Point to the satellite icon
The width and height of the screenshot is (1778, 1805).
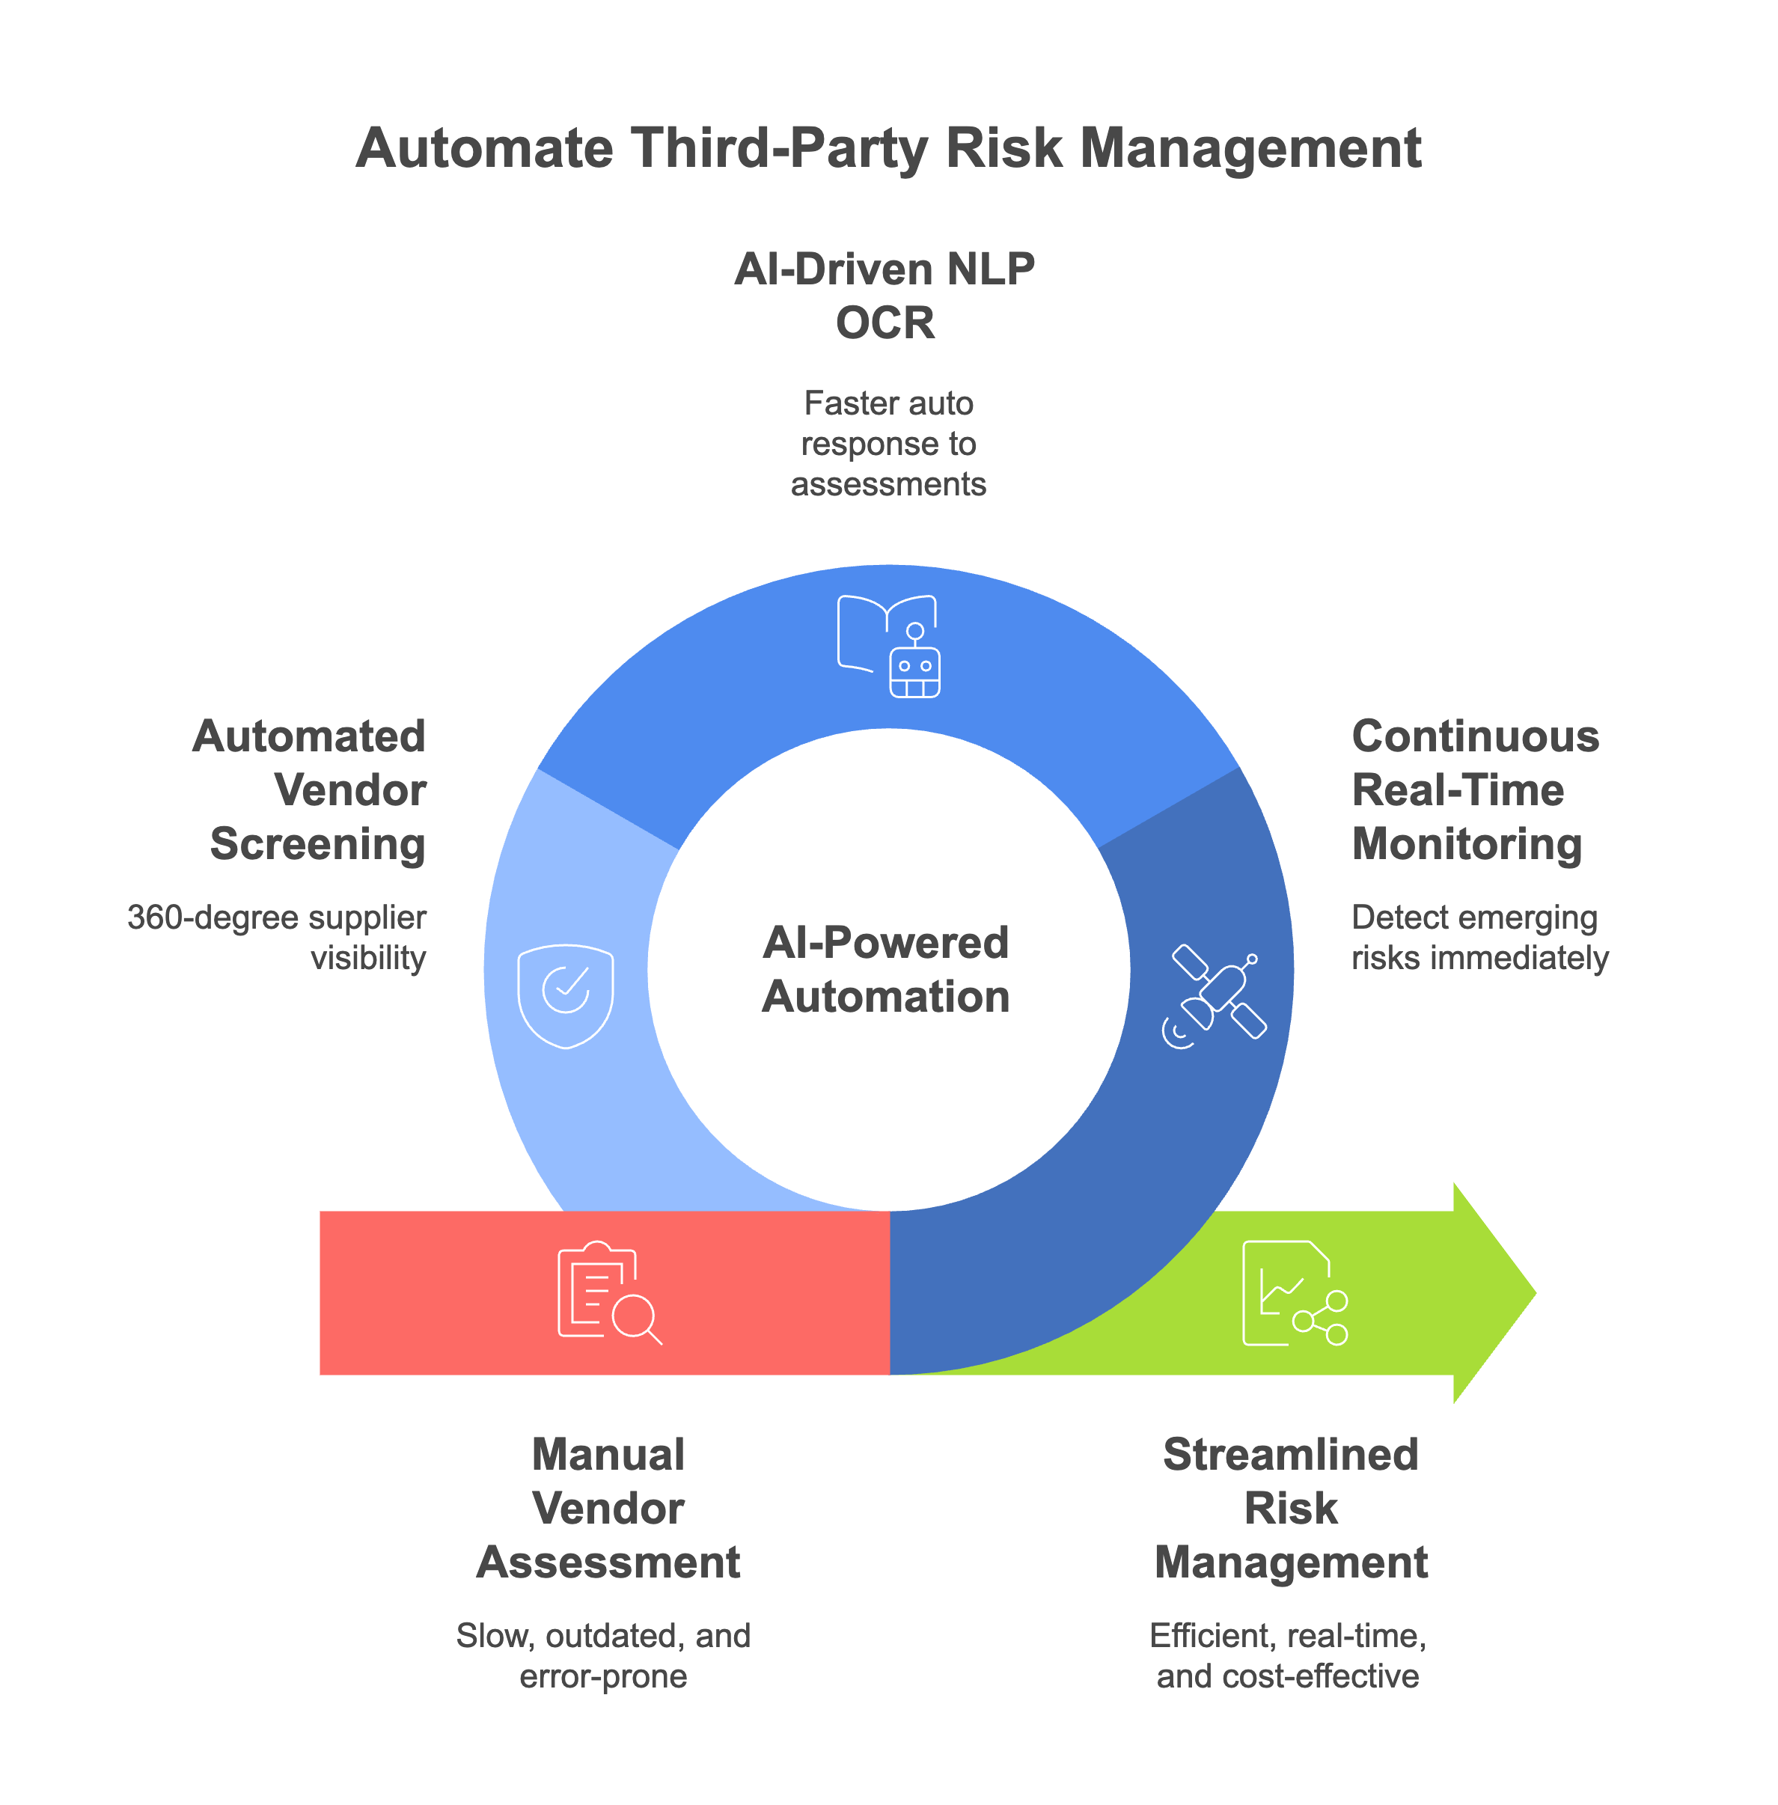[x=1214, y=996]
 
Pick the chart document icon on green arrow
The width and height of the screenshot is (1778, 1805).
[x=1293, y=1292]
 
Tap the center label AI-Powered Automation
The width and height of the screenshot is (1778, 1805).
[x=885, y=969]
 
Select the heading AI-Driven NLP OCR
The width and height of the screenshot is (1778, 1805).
[x=885, y=295]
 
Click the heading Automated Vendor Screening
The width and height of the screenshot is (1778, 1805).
[x=313, y=790]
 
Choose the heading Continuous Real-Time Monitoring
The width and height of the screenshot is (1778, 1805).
[x=1473, y=790]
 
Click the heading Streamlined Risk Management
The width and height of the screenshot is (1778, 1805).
[x=1291, y=1508]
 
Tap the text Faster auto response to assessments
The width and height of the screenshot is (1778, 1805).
[x=888, y=444]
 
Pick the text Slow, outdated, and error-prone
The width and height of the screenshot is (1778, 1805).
[x=603, y=1655]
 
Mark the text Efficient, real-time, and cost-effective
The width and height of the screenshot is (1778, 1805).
[x=1288, y=1655]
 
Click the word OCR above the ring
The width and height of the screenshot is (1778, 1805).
[x=885, y=323]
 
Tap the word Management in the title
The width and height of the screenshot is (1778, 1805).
[x=1250, y=148]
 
